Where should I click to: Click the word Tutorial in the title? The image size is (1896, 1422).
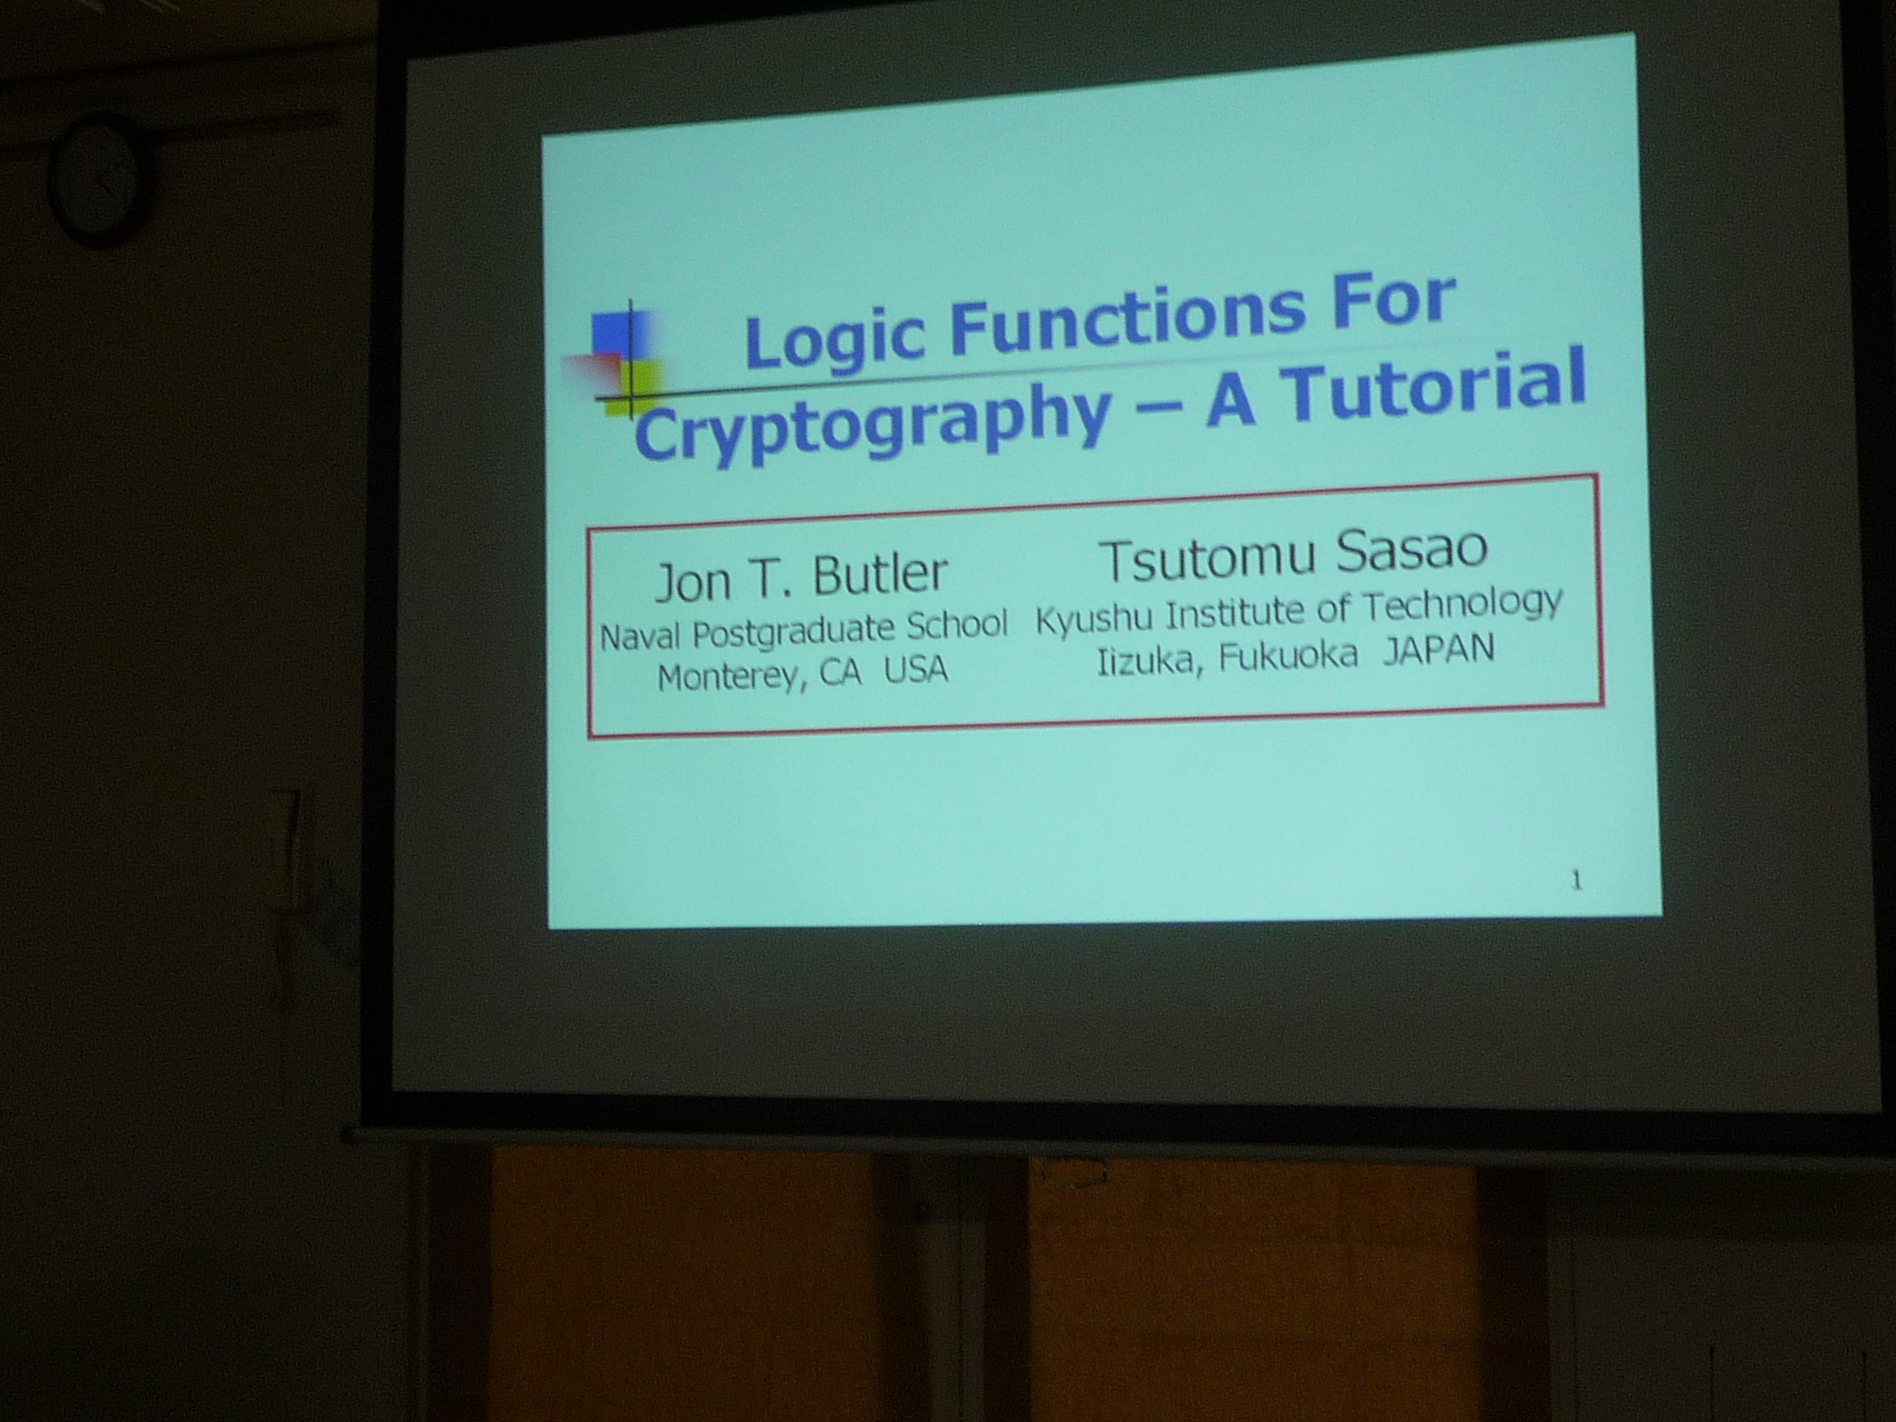[x=1434, y=388]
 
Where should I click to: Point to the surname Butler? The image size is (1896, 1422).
[x=880, y=574]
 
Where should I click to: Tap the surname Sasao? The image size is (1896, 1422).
[x=1412, y=550]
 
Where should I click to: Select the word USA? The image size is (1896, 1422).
[x=916, y=669]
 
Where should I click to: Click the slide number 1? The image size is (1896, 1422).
[x=1577, y=881]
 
